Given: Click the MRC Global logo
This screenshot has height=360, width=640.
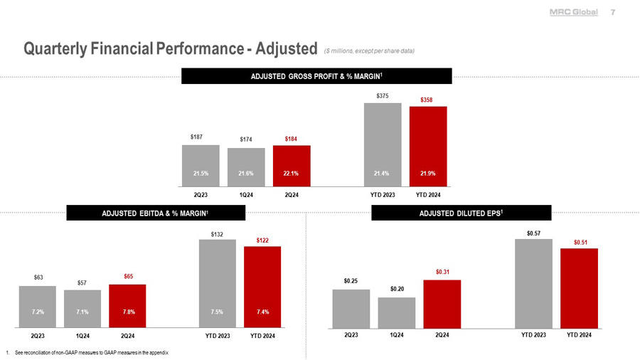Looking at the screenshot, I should pos(573,13).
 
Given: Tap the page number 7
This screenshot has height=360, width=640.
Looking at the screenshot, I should pos(613,13).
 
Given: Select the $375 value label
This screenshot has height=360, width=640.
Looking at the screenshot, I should pos(382,95).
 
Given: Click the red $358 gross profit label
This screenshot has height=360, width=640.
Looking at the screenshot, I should pos(427,100).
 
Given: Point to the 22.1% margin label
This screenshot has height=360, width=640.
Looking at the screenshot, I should pos(291,173).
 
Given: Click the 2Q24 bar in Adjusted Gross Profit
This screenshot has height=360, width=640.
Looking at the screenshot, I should pos(291,165).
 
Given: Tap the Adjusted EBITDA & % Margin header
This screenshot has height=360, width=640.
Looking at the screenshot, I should pos(156,213).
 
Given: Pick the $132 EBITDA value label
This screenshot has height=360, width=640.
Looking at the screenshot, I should pos(217,233).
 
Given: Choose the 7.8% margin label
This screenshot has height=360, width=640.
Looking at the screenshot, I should pos(127,312).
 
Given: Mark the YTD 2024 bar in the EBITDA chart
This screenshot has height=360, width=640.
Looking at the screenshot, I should pos(262,285).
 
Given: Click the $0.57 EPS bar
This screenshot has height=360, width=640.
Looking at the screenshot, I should pos(533,284).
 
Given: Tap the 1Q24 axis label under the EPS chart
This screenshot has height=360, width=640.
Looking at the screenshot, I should pos(397,334).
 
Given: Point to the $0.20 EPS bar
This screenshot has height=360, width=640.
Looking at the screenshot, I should pos(397,313).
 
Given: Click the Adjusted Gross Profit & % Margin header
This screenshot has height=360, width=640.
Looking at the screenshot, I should pos(317,75).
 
